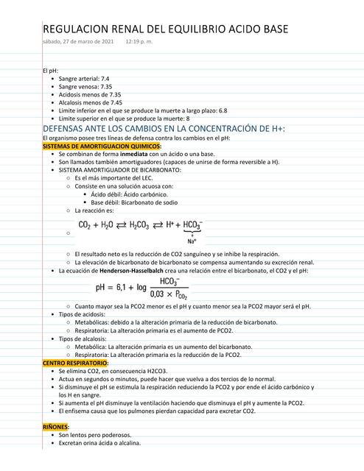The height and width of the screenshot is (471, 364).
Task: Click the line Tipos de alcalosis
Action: (x=86, y=339)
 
